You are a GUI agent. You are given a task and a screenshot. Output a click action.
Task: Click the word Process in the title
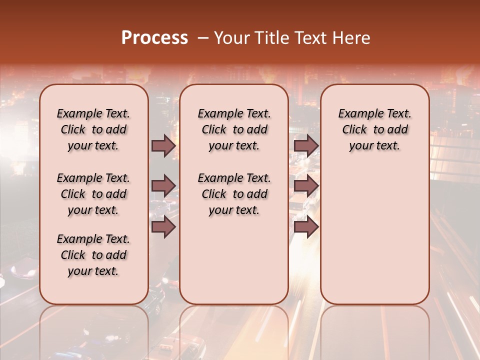pyautogui.click(x=154, y=38)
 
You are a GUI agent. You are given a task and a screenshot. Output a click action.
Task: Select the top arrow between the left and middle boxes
pyautogui.click(x=163, y=145)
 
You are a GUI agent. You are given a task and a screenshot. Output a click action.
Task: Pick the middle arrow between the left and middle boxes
pyautogui.click(x=163, y=186)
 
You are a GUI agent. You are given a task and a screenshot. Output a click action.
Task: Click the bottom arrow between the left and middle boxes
pyautogui.click(x=163, y=227)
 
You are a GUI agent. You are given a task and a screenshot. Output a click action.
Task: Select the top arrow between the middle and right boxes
pyautogui.click(x=306, y=145)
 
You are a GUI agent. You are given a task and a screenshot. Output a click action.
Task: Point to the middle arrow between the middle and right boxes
pyautogui.click(x=306, y=186)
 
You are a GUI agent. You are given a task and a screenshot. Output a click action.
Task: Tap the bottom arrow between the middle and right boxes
pyautogui.click(x=306, y=227)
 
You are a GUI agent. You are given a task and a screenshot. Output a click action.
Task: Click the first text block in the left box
pyautogui.click(x=93, y=129)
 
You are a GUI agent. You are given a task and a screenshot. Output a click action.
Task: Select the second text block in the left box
pyautogui.click(x=93, y=194)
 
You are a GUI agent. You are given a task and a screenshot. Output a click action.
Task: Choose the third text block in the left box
pyautogui.click(x=93, y=255)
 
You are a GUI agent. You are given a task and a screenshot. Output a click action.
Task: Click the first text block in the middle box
pyautogui.click(x=234, y=129)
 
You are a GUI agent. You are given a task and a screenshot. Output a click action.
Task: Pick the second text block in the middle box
pyautogui.click(x=234, y=194)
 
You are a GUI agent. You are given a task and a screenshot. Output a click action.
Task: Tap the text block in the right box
pyautogui.click(x=374, y=129)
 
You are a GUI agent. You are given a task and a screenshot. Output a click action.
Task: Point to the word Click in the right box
pyautogui.click(x=354, y=129)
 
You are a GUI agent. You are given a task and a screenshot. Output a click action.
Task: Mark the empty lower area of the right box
pyautogui.click(x=374, y=230)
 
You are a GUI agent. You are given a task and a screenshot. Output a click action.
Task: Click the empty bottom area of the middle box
pyautogui.click(x=234, y=265)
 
